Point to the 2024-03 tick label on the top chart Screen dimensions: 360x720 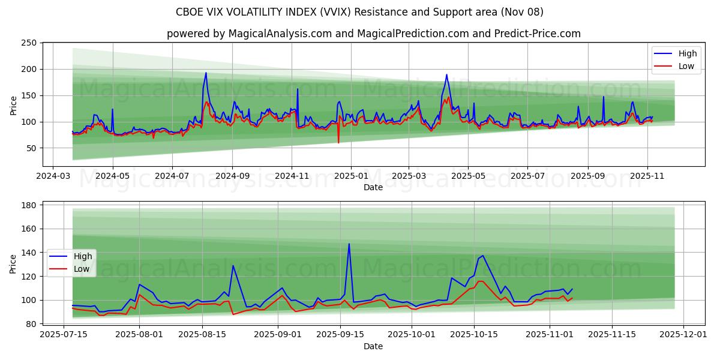53,177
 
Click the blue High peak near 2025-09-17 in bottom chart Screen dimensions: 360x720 349,244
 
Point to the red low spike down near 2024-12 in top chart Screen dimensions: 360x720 338,142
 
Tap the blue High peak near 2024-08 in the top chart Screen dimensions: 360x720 206,73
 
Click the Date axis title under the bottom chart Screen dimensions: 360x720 373,346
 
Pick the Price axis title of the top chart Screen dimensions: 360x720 14,104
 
